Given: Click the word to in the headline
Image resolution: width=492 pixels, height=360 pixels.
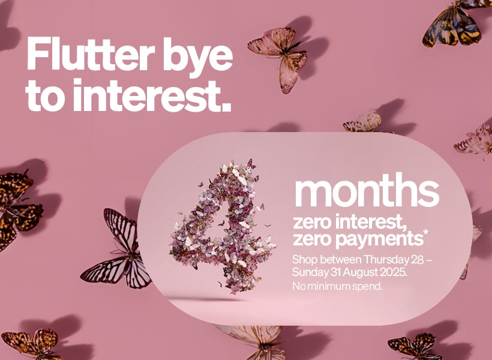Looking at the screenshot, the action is pos(46,96).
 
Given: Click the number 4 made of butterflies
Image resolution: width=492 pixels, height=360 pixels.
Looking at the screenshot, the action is pos(223,226).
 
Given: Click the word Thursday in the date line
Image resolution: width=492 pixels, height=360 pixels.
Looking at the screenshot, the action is pos(386,260).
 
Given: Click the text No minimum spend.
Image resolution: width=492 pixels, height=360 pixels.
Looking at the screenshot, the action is pos(337,287).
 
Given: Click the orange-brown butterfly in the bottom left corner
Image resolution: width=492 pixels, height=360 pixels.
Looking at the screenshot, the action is pos(32,344).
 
